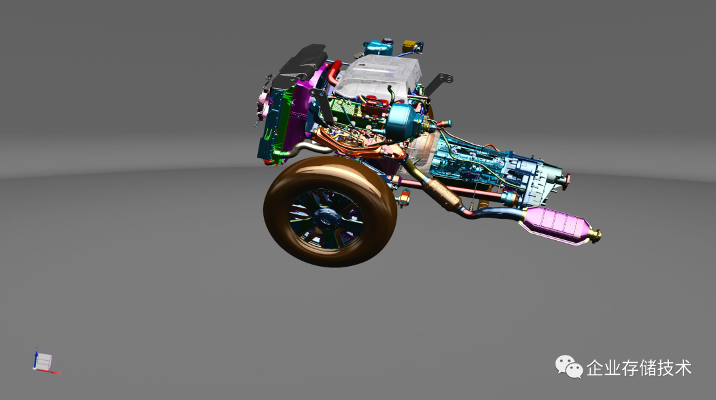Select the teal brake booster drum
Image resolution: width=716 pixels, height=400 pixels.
point(404,121)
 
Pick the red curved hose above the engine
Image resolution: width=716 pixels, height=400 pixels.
point(333,72)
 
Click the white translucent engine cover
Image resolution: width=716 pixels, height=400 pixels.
point(380,78)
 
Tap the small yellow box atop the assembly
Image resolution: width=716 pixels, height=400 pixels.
point(410,46)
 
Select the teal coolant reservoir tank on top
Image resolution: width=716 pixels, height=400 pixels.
point(379,47)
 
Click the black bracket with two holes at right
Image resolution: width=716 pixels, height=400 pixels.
point(439,84)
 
